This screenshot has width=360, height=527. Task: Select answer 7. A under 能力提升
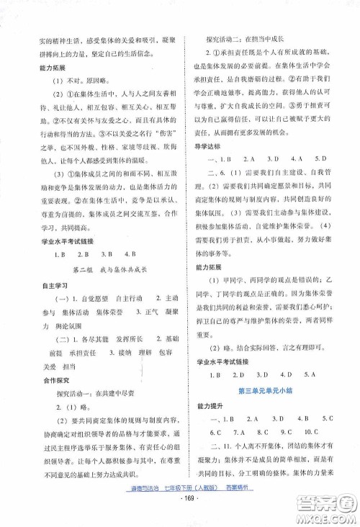[x=239, y=433]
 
